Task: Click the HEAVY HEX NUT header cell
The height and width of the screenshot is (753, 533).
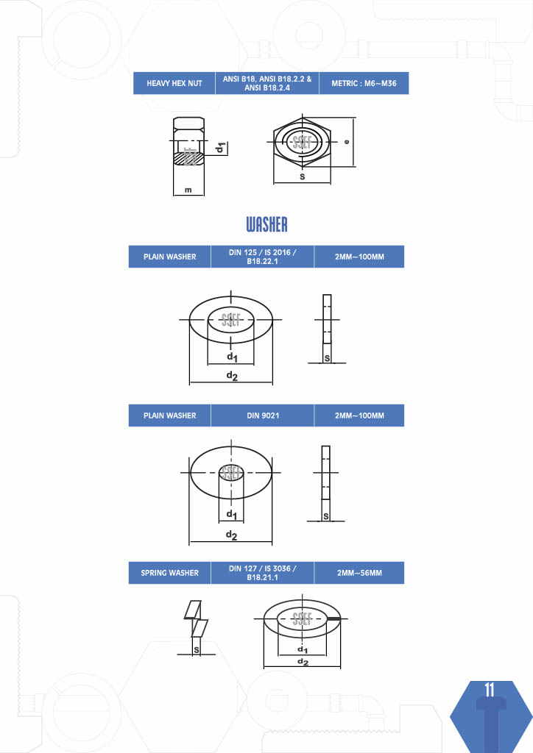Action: coord(174,83)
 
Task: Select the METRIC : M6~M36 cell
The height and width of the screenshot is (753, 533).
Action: coord(364,83)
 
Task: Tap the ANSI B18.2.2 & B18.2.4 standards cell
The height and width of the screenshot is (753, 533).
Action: coord(267,83)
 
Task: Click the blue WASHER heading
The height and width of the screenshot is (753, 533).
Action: coord(266,224)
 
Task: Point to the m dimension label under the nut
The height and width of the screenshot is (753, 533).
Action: coord(188,190)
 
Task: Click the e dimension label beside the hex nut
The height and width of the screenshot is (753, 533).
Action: coord(347,142)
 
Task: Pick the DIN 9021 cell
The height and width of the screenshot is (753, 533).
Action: coord(262,415)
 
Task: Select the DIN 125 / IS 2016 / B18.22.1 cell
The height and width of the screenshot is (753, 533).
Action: coord(262,257)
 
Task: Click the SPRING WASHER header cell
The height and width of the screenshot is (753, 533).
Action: coord(169,572)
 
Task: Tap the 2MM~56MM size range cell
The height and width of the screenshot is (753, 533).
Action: coord(359,572)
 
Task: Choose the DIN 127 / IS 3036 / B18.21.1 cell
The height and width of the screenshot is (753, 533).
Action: coord(262,572)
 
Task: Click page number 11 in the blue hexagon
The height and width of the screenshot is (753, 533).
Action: coord(490,690)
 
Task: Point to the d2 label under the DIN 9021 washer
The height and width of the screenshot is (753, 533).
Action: coord(232,535)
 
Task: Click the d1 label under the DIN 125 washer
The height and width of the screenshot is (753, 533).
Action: coord(232,357)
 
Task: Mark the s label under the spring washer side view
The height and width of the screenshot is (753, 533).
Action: coord(196,650)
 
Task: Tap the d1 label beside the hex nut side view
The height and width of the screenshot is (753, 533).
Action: coord(221,148)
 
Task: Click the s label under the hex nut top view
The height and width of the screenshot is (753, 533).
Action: coord(303,176)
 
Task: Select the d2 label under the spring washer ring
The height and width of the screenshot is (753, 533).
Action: coord(303,662)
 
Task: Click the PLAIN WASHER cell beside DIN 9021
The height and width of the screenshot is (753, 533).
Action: coord(169,415)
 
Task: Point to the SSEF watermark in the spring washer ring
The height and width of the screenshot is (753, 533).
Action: coord(303,618)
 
